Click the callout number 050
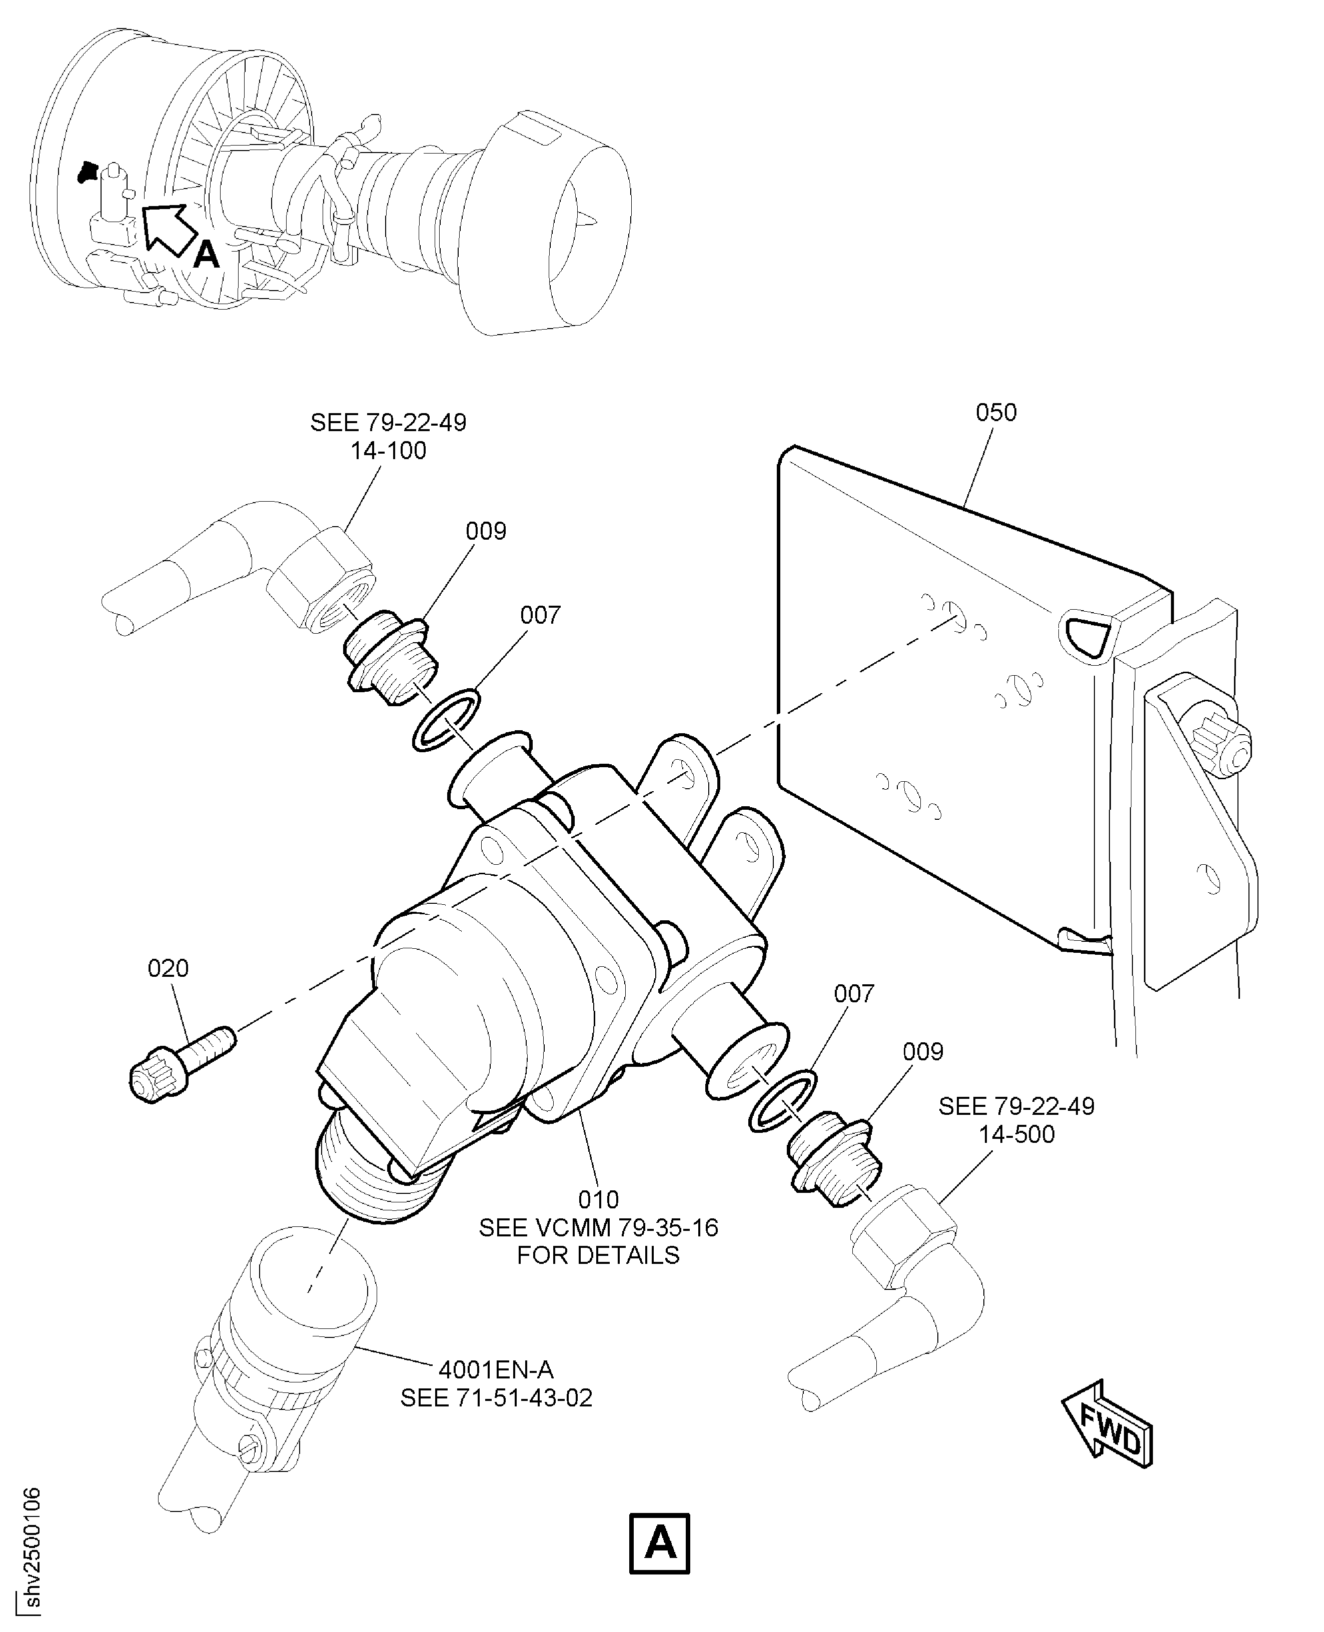coord(995,413)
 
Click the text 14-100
coord(388,451)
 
